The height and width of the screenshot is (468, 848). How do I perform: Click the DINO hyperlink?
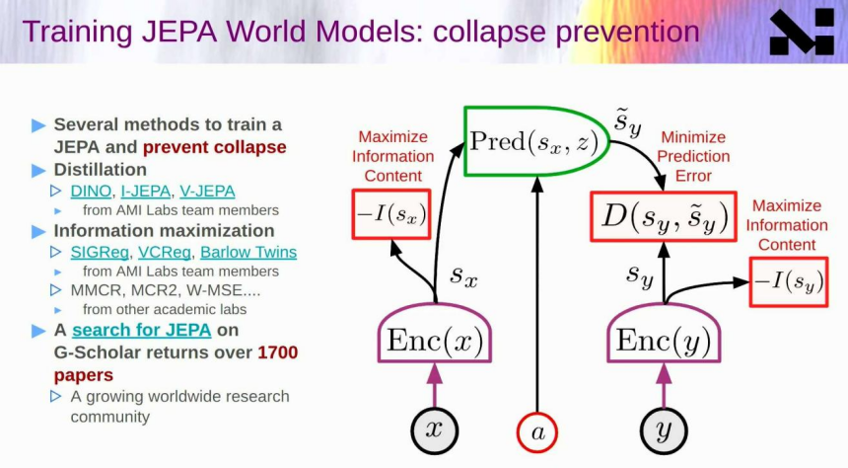click(91, 192)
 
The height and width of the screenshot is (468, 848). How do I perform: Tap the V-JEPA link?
click(207, 192)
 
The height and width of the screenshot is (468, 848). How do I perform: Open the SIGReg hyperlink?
click(100, 253)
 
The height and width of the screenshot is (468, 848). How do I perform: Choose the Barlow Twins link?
click(248, 253)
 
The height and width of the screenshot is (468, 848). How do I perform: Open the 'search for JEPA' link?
click(142, 330)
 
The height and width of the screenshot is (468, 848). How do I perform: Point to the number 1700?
click(277, 352)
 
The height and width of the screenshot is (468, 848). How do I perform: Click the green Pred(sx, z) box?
click(535, 141)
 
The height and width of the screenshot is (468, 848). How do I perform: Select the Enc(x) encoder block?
click(435, 333)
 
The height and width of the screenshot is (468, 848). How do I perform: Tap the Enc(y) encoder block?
click(664, 333)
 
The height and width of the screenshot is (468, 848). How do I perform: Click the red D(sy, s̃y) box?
click(664, 216)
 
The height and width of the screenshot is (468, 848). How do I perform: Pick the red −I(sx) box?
click(391, 214)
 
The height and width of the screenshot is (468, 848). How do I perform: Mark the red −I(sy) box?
click(789, 282)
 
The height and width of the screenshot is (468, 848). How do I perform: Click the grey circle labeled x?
click(434, 430)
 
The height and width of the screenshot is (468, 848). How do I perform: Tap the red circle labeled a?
click(537, 432)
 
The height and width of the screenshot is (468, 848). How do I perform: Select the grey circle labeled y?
click(664, 430)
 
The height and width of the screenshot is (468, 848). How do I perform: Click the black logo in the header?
click(802, 32)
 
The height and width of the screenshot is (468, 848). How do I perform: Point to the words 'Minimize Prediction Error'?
click(693, 157)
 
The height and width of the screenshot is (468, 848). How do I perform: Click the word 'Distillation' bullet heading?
click(100, 170)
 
